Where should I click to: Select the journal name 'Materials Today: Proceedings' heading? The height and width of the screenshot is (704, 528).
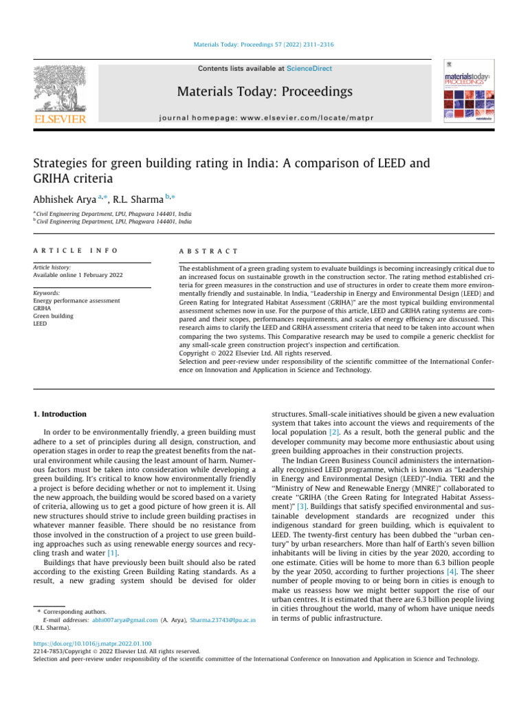(265, 92)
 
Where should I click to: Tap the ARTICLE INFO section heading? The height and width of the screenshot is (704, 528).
(76, 252)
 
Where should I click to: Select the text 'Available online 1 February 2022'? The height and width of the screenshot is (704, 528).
(78, 275)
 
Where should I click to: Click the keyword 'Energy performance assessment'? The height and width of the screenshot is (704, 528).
(76, 300)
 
